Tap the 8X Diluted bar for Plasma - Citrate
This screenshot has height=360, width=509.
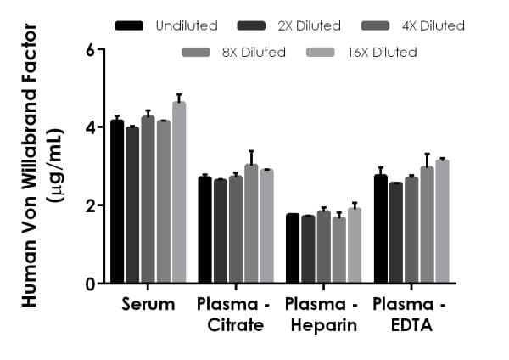point(251,224)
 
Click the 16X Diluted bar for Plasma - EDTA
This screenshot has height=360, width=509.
point(442,222)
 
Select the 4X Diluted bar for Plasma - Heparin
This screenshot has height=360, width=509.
point(323,247)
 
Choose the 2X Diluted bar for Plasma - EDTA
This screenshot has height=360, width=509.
point(396,233)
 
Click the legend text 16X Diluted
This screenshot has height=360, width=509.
point(382,53)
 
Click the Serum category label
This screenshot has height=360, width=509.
point(148,304)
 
